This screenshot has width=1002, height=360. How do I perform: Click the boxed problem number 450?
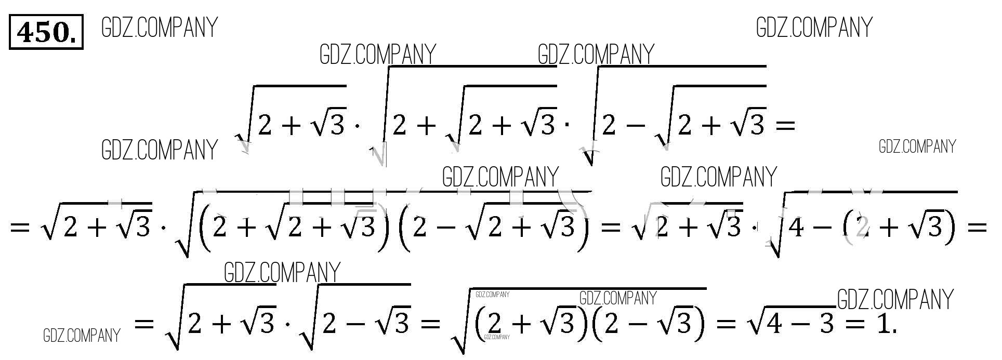[46, 33]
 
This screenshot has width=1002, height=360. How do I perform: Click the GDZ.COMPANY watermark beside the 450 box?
[160, 28]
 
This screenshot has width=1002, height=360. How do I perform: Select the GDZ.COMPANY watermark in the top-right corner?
[814, 28]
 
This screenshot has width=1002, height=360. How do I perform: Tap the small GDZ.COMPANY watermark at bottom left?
[82, 336]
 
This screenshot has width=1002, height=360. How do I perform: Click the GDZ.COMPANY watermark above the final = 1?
[895, 300]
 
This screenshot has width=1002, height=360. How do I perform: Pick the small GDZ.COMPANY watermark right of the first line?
[917, 147]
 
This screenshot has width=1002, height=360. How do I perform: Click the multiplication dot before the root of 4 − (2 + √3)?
[755, 228]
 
